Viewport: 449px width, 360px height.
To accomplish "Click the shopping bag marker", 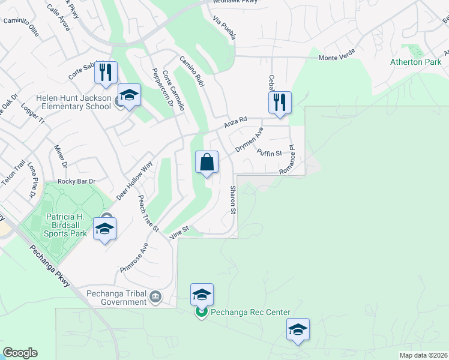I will click(206, 163).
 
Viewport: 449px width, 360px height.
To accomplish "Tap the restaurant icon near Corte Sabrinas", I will click(106, 73).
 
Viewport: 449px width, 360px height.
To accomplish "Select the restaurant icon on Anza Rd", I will click(280, 103).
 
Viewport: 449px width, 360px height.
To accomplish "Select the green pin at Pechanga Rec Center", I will click(202, 312).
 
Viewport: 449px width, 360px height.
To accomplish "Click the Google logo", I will click(20, 353).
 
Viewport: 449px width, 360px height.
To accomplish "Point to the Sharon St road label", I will click(233, 200).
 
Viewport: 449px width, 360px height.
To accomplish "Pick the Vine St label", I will click(179, 232).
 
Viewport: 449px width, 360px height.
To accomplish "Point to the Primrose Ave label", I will click(133, 257).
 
